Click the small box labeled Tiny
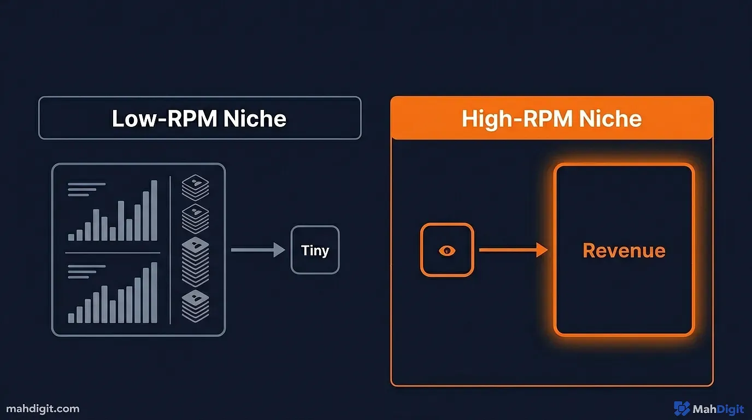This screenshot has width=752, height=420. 315,250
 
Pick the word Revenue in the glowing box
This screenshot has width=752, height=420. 624,250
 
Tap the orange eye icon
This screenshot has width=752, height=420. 446,250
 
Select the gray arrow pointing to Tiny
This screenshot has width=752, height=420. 257,250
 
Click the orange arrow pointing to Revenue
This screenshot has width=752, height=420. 513,250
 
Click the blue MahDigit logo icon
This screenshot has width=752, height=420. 681,408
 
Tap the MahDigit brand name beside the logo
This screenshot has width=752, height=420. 718,409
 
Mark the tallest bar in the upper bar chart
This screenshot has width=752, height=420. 154,211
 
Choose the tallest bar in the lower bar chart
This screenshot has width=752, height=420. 154,293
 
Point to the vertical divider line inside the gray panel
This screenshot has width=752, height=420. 171,249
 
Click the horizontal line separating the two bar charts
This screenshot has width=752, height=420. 113,253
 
